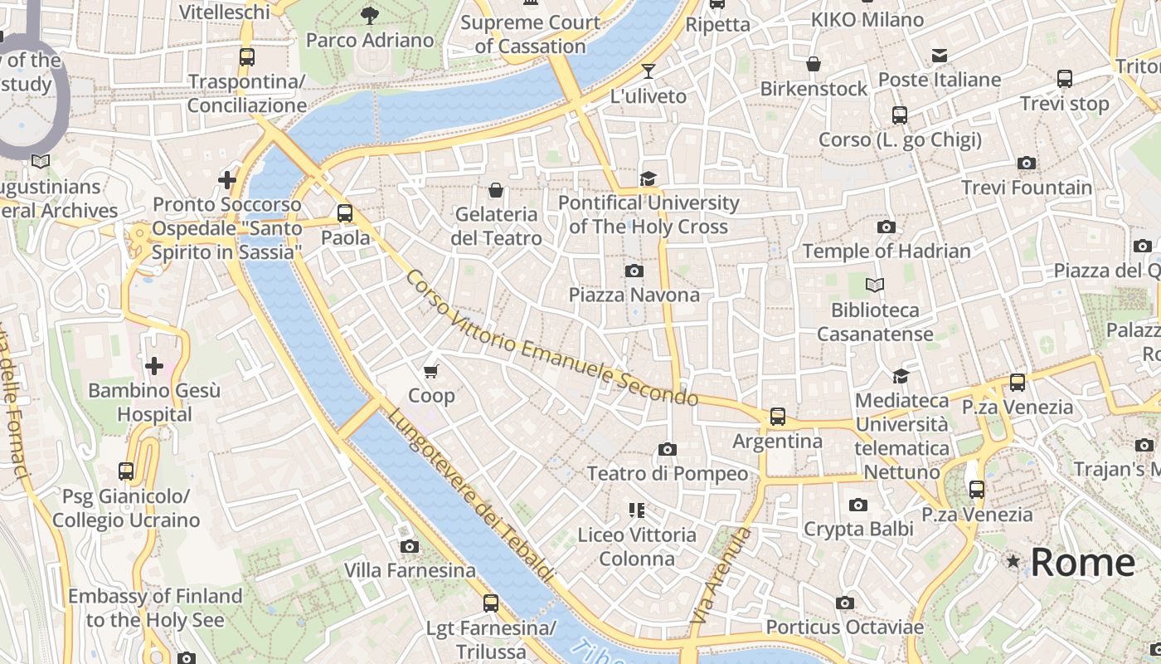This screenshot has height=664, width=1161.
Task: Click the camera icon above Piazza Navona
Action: coord(634,271)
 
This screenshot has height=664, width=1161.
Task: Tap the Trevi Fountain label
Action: coord(1027,188)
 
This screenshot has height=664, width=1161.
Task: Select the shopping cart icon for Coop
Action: coord(430,371)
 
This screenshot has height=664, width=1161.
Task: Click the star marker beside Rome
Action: coord(1013,562)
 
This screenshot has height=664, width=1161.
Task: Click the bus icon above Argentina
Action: coord(777,417)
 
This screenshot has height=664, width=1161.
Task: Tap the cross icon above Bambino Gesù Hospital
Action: coord(154,365)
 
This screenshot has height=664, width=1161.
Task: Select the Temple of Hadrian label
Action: coord(886,251)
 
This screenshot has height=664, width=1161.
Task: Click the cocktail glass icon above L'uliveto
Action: coord(649,71)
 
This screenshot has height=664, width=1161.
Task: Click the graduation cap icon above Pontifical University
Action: coord(648,178)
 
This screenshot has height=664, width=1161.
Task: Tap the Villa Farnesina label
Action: coord(410,570)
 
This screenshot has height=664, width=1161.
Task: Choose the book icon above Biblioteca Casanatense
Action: coord(875,286)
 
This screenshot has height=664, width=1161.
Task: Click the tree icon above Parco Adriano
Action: coord(370,15)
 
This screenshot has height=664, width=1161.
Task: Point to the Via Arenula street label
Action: coord(720,576)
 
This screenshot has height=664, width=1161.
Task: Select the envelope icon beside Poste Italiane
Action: coord(939,56)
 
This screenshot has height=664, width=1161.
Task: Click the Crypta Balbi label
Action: coord(858,529)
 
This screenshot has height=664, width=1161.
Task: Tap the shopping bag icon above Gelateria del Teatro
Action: coord(496,190)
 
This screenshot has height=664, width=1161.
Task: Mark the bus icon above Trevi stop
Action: coord(1065,79)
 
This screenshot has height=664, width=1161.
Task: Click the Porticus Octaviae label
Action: coord(844,627)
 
